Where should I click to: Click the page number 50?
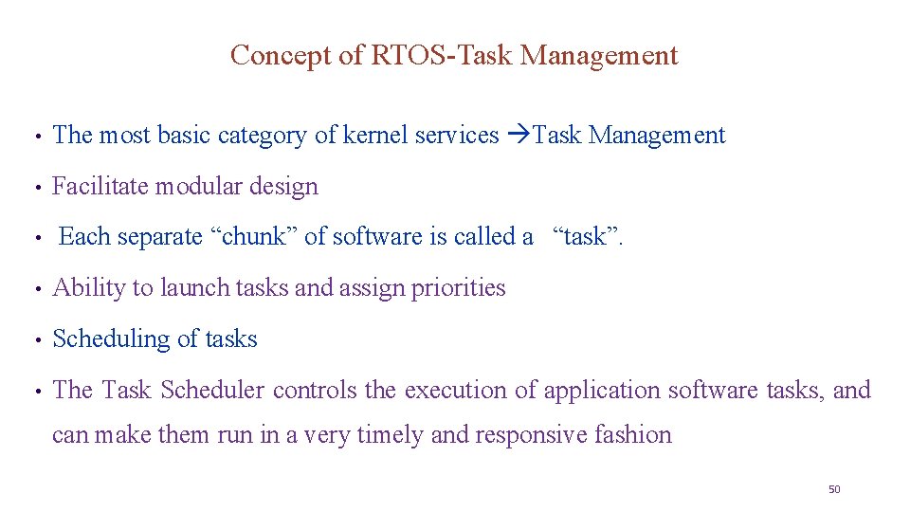point(834,489)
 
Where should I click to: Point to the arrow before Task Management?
point(518,136)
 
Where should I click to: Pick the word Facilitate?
point(100,187)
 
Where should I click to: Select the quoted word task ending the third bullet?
point(587,237)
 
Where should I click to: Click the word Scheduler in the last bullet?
point(213,391)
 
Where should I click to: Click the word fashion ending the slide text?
point(635,435)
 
